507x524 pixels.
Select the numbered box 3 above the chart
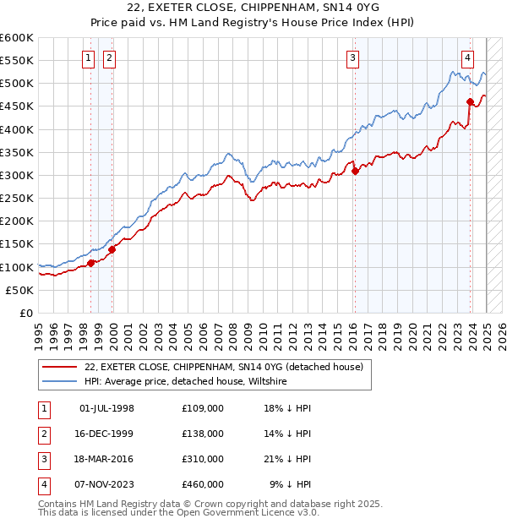[352, 58]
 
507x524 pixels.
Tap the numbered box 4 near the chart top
[467, 58]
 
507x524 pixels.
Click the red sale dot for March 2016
[355, 171]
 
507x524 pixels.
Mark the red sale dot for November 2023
[470, 102]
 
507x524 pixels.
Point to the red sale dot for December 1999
[112, 249]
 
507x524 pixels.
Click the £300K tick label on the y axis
[17, 175]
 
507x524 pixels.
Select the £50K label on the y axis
[20, 290]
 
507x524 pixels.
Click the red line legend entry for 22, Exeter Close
[223, 367]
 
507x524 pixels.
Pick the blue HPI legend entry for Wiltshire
[186, 381]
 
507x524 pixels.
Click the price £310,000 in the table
[202, 459]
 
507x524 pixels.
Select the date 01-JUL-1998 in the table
[106, 408]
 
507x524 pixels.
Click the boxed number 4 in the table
[42, 484]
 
